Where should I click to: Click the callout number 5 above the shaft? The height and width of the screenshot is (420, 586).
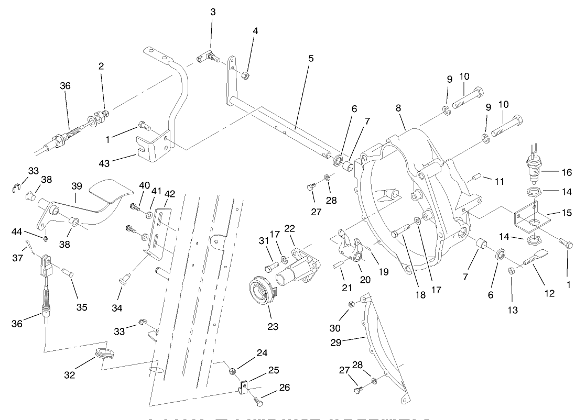point(311,59)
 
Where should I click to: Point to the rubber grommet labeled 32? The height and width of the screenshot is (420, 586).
point(105,352)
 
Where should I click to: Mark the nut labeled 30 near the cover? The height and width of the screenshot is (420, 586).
point(352,304)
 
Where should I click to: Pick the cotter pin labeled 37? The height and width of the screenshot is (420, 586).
point(29,244)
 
